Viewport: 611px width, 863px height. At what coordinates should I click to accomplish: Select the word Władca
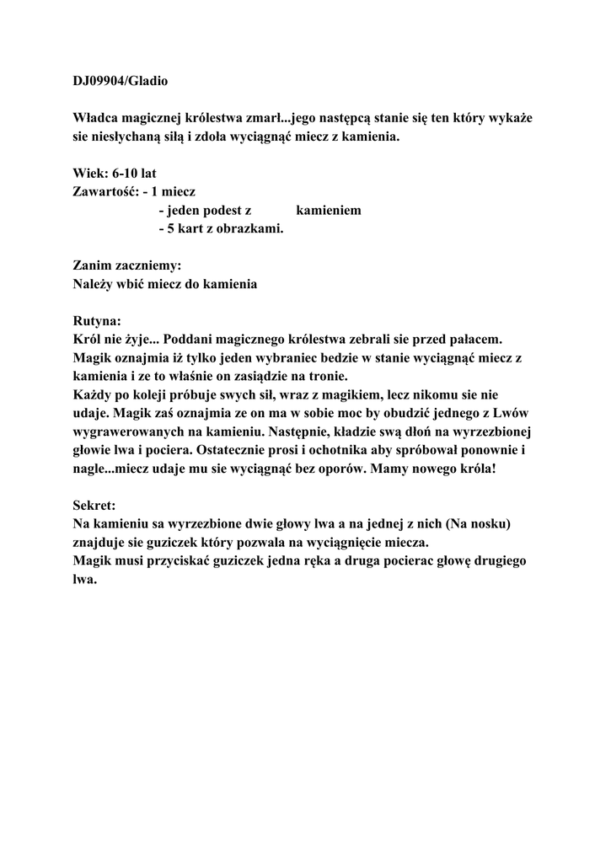coord(97,118)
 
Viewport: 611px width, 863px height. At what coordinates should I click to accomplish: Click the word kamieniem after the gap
coord(329,210)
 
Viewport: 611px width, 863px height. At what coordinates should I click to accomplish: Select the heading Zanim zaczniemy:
coord(127,265)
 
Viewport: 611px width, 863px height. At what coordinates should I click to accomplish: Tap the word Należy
coord(94,284)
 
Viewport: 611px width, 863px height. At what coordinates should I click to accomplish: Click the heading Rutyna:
coord(98,321)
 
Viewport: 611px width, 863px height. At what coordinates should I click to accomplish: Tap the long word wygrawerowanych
coord(137,431)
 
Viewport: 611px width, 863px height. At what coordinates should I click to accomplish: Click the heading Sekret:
coord(94,506)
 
